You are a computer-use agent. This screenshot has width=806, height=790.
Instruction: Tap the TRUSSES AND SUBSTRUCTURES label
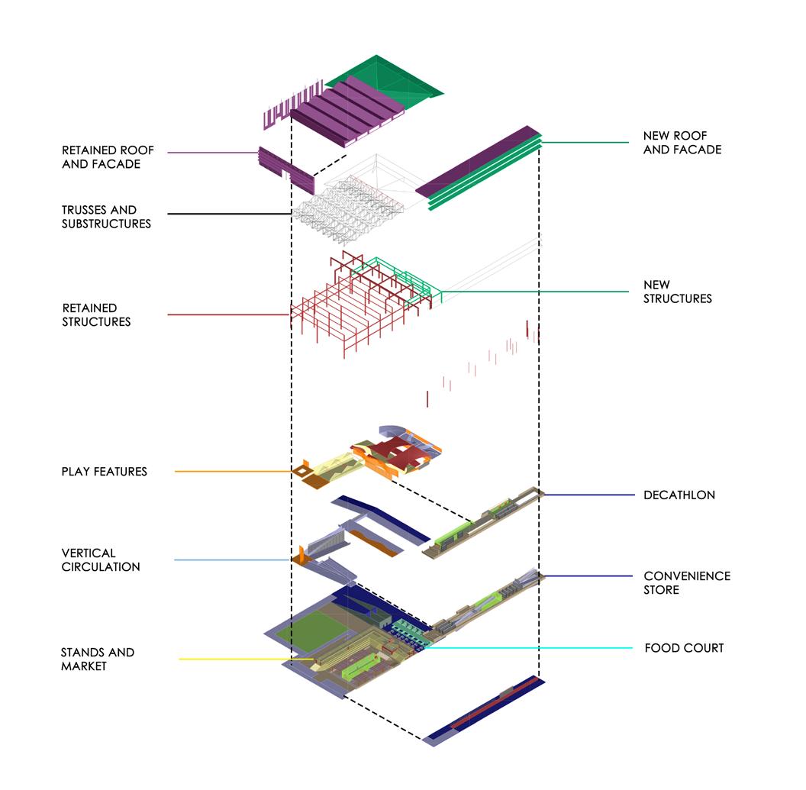tap(106, 217)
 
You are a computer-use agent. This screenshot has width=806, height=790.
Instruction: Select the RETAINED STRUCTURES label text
tap(96, 314)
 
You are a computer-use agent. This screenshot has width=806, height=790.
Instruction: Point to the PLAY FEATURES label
tap(104, 472)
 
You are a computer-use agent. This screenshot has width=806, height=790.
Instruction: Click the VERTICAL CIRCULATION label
tap(100, 559)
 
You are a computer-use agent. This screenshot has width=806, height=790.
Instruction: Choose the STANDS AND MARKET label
tap(97, 659)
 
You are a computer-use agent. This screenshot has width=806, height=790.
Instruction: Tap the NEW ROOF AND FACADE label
tap(682, 143)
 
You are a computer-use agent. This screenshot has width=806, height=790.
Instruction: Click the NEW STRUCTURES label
tap(677, 292)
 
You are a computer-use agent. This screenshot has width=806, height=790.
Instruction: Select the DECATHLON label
tap(679, 495)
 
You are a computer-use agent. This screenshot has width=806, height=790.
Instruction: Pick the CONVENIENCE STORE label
tap(686, 582)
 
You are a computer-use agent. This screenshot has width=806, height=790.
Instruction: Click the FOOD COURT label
tap(684, 648)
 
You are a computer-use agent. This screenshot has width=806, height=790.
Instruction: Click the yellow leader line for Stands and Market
tap(244, 659)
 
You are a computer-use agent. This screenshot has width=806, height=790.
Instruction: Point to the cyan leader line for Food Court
tap(534, 648)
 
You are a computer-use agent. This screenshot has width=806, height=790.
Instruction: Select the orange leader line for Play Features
tap(233, 472)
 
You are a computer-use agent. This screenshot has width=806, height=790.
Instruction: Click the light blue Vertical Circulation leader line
tap(233, 560)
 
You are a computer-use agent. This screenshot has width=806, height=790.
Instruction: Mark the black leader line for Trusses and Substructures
tap(229, 214)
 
